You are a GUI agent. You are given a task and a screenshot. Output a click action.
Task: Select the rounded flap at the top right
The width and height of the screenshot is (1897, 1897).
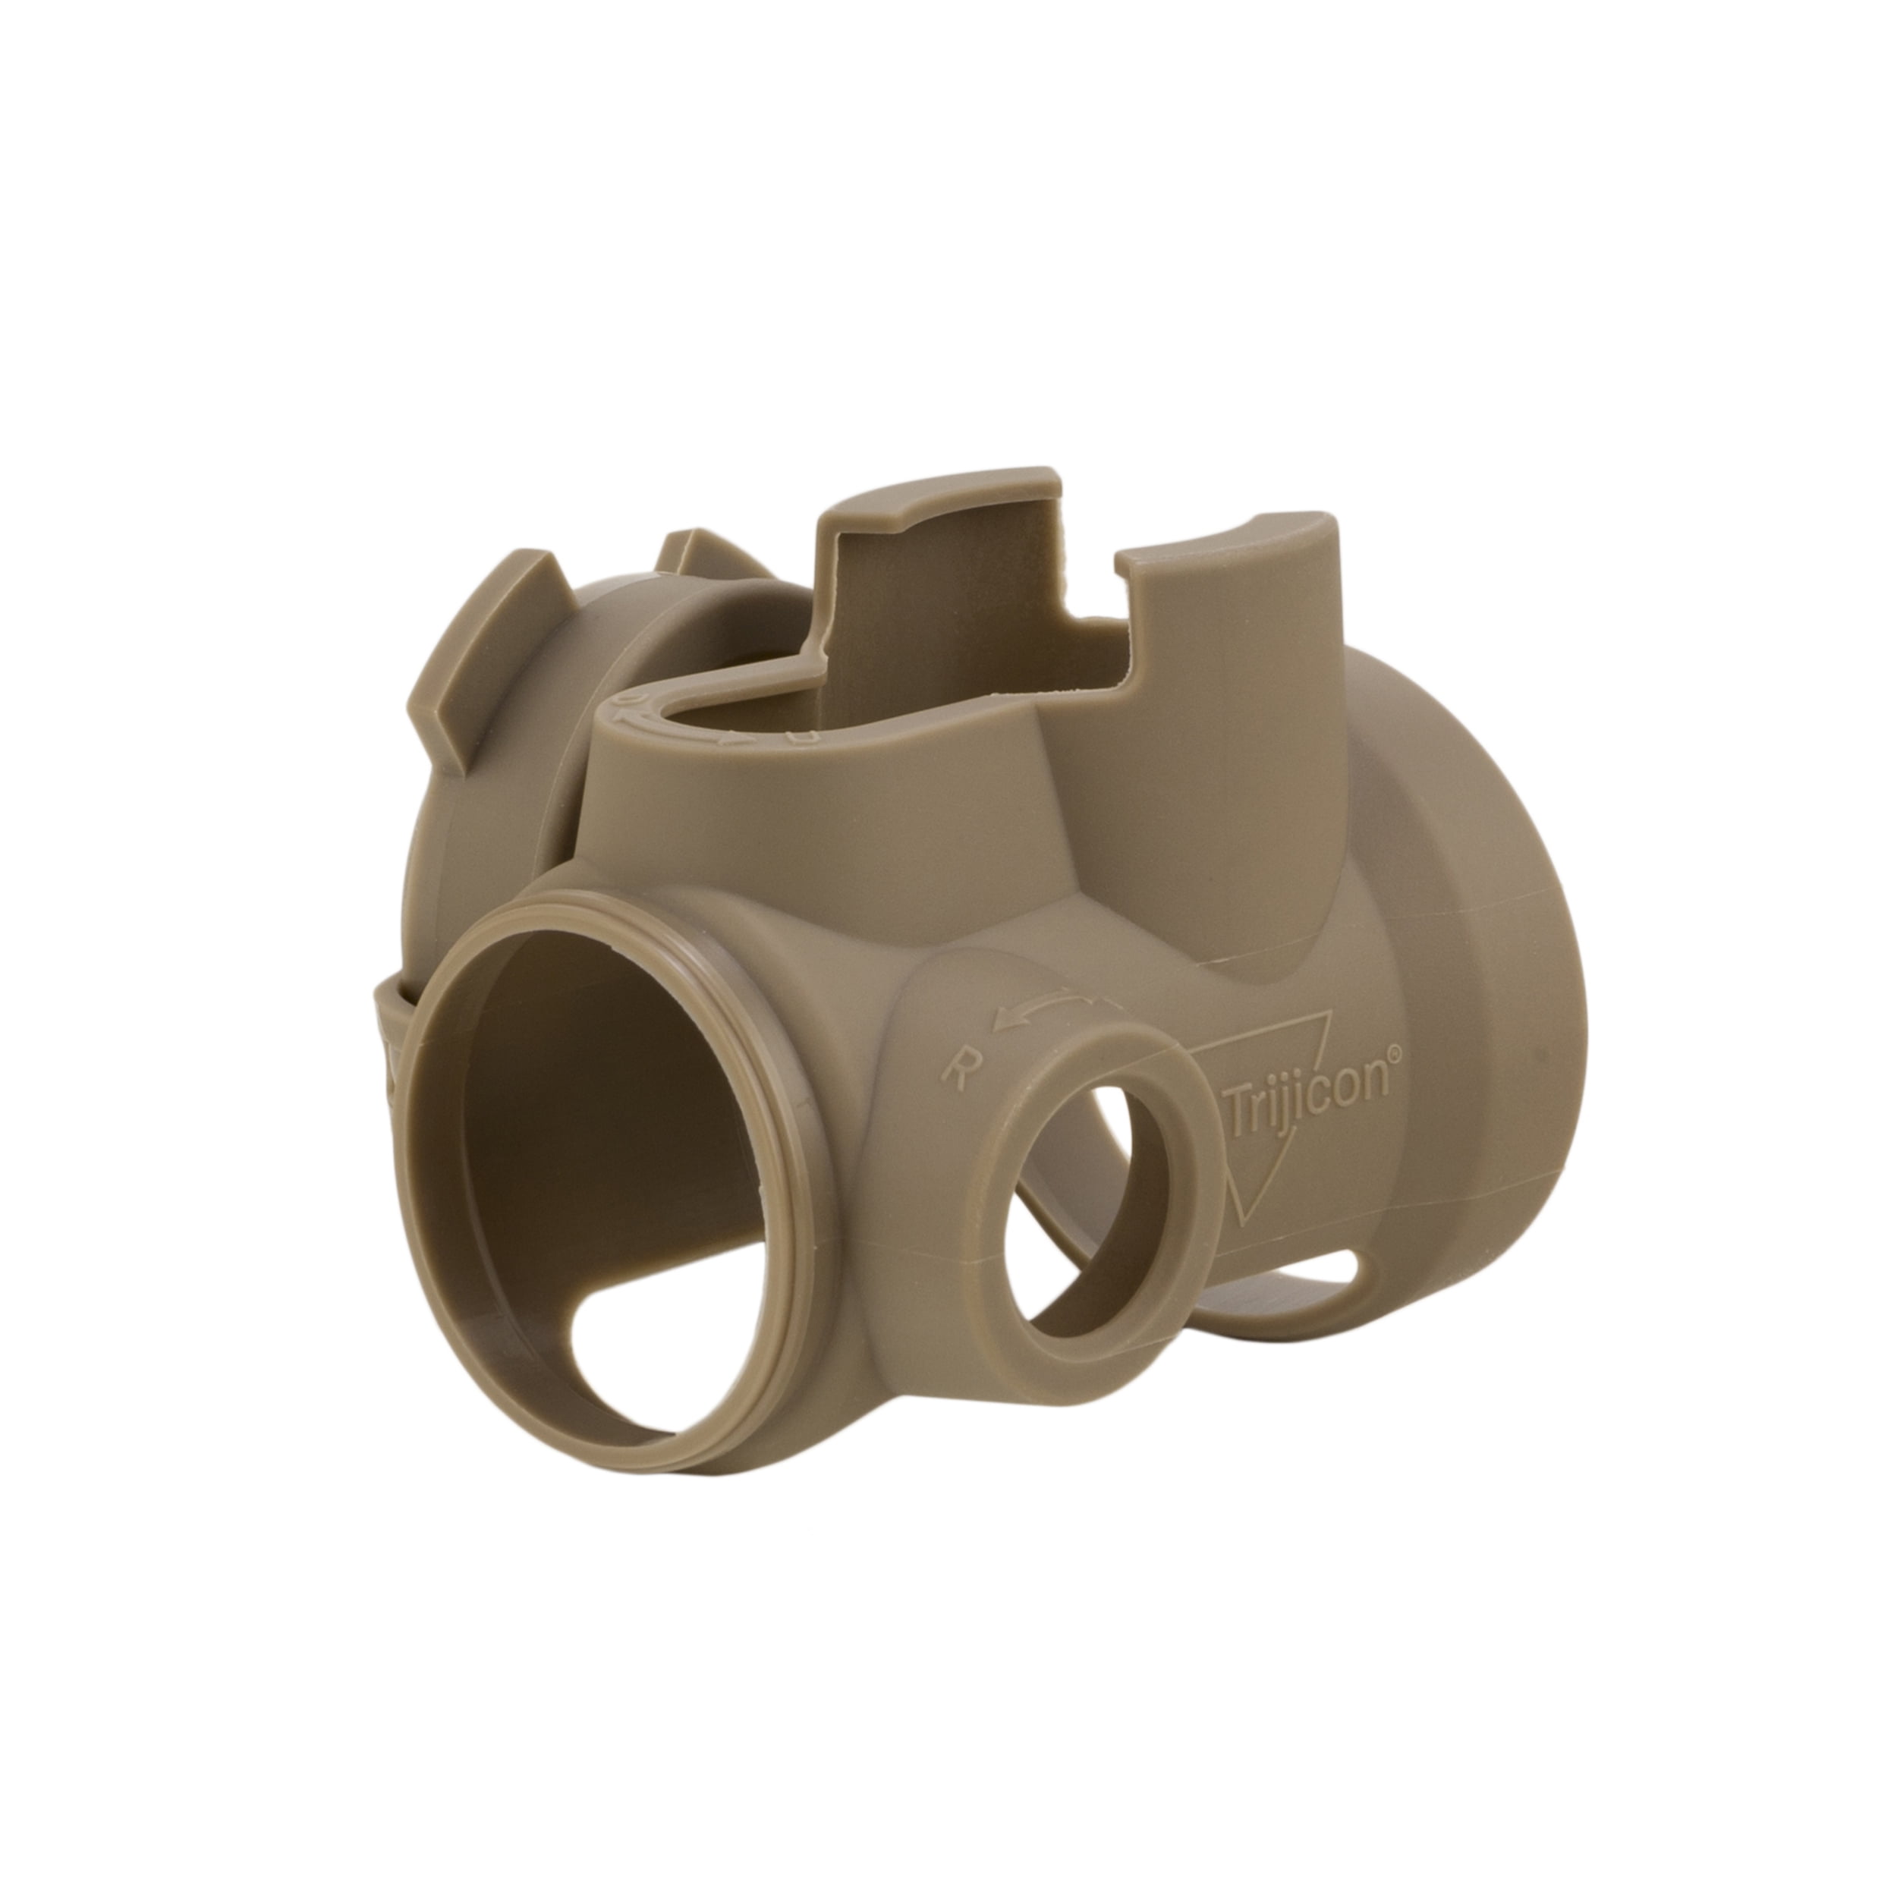coord(1227,570)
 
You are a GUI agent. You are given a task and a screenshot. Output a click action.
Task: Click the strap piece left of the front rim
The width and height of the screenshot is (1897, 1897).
coord(393,1041)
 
